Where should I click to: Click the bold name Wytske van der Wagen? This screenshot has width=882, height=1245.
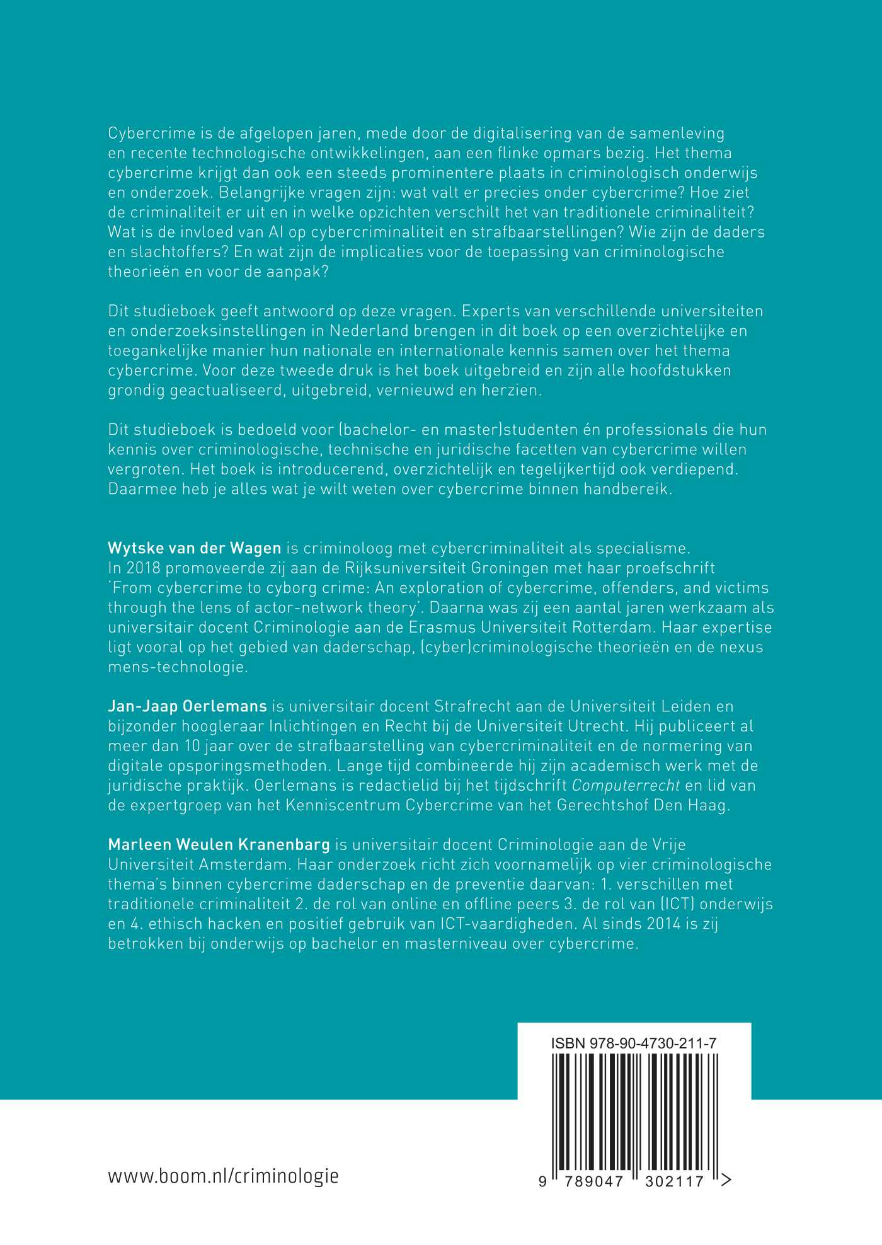click(x=194, y=548)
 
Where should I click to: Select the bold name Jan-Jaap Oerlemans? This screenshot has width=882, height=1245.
click(x=187, y=706)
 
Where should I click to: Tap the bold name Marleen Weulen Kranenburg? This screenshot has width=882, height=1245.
click(x=219, y=844)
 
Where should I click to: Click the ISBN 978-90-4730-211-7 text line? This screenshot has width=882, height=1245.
click(x=633, y=1043)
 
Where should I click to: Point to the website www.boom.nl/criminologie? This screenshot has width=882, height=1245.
click(x=223, y=1176)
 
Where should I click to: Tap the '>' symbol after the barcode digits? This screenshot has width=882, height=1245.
click(x=726, y=1180)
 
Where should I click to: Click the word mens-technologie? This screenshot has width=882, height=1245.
click(x=178, y=667)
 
